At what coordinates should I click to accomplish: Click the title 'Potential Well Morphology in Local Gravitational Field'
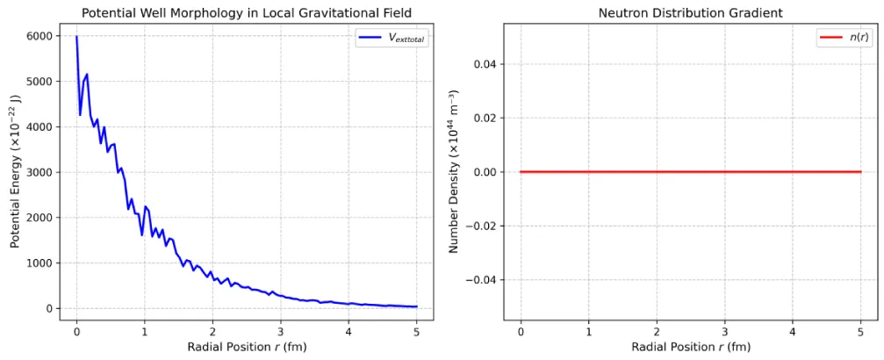pos(247,12)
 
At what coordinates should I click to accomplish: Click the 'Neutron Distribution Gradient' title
pos(690,12)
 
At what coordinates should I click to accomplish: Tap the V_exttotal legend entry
pos(392,39)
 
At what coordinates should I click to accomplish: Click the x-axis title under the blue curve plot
pos(247,347)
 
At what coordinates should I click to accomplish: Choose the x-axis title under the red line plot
pos(690,347)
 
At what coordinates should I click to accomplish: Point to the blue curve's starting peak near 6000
pos(76,37)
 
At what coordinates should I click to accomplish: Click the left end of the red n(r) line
pos(521,172)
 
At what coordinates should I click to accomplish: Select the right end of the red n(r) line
pos(859,172)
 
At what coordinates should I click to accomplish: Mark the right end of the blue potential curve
pos(416,306)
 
